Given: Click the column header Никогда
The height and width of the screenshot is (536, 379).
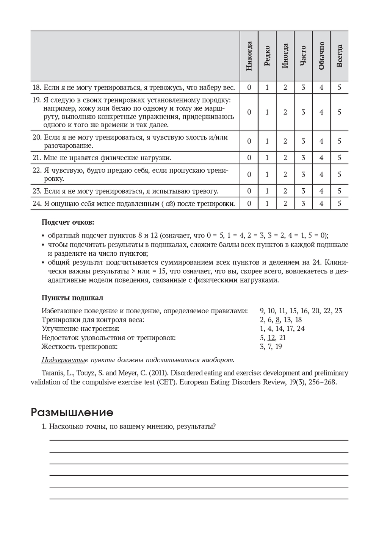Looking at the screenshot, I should [249, 56].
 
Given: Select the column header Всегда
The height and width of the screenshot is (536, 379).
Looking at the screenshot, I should [339, 56].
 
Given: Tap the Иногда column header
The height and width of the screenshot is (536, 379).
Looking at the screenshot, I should [285, 56].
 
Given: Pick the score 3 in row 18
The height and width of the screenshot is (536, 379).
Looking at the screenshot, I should [303, 88].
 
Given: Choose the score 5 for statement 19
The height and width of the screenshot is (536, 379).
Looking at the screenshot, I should [339, 112].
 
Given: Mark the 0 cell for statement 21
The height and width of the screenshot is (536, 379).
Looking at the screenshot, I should [249, 158].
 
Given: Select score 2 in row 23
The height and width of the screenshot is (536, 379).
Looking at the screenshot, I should [285, 191].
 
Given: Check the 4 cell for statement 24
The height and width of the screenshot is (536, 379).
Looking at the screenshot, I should [321, 203].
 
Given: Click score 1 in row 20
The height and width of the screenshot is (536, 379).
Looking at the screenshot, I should [267, 141].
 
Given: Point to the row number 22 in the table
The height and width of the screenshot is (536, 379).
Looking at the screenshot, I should [36, 170].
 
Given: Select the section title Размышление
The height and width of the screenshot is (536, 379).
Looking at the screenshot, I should [72, 412].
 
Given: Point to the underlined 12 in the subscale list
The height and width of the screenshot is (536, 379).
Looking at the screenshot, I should [271, 338].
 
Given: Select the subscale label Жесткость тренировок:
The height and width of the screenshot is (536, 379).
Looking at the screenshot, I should [80, 347].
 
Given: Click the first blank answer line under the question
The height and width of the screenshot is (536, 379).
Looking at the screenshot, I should [199, 440].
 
